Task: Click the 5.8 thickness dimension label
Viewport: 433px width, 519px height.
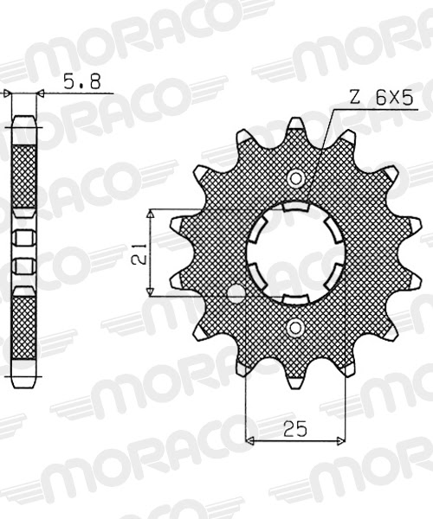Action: [81, 81]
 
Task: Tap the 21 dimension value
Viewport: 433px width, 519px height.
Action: [139, 253]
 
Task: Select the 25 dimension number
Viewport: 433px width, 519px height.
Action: [295, 429]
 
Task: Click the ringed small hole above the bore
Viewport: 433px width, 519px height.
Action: [295, 179]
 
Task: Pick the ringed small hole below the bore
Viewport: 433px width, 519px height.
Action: [295, 328]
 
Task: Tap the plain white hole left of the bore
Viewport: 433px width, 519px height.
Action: [236, 293]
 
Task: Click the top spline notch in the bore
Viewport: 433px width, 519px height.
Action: [295, 207]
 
